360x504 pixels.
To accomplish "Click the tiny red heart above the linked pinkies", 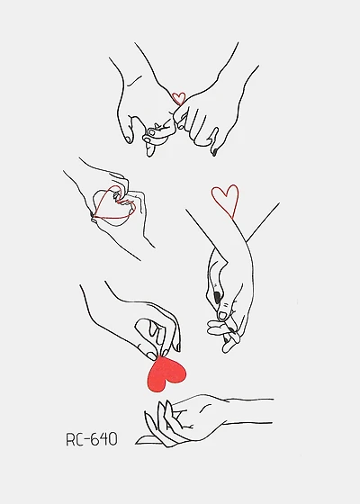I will pyautogui.click(x=178, y=98).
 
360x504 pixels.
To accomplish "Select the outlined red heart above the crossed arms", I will pyautogui.click(x=225, y=200).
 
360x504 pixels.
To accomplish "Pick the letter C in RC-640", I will pyautogui.click(x=83, y=439).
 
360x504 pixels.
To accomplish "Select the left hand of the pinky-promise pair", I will pyautogui.click(x=139, y=108).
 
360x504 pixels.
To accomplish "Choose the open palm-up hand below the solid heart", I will pyautogui.click(x=189, y=418).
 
